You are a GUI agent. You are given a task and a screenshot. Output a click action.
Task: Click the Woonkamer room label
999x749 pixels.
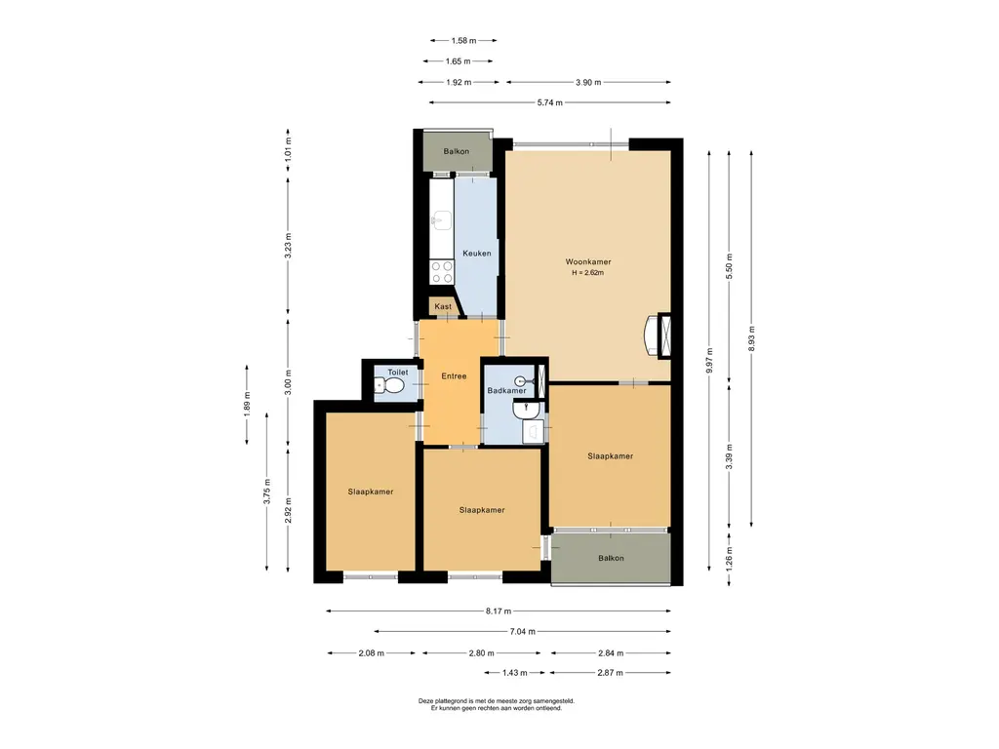(588, 261)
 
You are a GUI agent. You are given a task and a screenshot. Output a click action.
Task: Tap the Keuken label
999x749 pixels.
(476, 254)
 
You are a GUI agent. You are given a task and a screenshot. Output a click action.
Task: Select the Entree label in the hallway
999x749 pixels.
(454, 376)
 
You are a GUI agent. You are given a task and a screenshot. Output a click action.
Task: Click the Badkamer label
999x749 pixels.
(506, 390)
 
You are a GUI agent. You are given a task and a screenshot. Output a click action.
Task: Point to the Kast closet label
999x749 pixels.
(443, 306)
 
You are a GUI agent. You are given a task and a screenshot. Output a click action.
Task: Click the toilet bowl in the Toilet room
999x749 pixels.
(388, 385)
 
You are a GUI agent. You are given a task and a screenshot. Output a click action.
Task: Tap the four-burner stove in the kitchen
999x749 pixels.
(442, 272)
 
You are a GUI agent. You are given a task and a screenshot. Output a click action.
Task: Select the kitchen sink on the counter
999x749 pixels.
(441, 221)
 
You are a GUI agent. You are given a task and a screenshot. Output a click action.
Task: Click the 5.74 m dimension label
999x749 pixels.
(549, 102)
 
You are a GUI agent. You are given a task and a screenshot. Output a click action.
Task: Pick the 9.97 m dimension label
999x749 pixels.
(709, 361)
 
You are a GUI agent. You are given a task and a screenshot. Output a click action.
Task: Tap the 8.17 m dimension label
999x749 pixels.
(499, 611)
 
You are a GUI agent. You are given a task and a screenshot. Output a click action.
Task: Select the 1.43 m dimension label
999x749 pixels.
(514, 673)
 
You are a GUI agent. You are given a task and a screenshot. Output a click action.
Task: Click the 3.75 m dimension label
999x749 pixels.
(267, 492)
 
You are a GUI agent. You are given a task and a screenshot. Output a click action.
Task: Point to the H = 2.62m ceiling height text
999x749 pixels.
(587, 273)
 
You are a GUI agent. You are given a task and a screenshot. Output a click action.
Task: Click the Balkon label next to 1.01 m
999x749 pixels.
(457, 151)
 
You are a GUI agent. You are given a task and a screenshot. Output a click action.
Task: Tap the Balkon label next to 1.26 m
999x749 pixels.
(611, 559)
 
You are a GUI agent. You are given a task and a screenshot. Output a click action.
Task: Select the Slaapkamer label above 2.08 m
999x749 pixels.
(370, 492)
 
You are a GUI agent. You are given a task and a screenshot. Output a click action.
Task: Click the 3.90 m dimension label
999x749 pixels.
(588, 82)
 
